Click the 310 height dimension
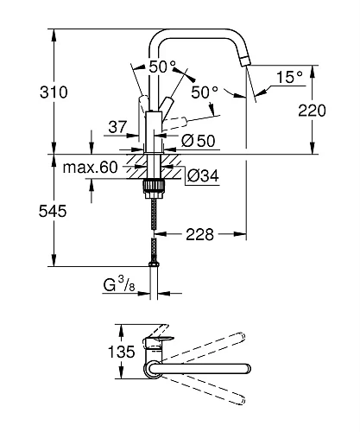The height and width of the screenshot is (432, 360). click(x=54, y=92)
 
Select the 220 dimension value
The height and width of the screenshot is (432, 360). click(x=312, y=111)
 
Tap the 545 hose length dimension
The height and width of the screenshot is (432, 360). click(x=53, y=211)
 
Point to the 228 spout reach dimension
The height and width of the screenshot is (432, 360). click(x=200, y=234)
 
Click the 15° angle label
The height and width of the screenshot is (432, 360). click(x=289, y=77)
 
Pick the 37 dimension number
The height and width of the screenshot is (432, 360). click(x=117, y=127)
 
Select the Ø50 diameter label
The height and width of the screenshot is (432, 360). click(x=198, y=141)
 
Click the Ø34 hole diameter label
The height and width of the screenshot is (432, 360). click(x=203, y=175)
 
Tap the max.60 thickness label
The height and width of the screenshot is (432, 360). click(x=90, y=168)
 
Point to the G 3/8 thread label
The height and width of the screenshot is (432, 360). click(x=119, y=284)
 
